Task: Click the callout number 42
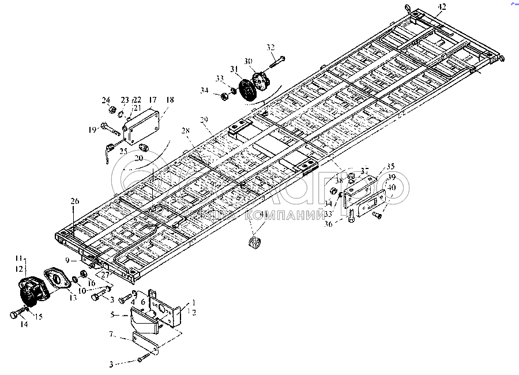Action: [x=441, y=6]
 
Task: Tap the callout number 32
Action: [x=271, y=47]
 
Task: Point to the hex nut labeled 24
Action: [x=106, y=109]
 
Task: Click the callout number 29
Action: [x=203, y=120]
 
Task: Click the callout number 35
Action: [x=374, y=165]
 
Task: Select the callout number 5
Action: [x=113, y=316]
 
